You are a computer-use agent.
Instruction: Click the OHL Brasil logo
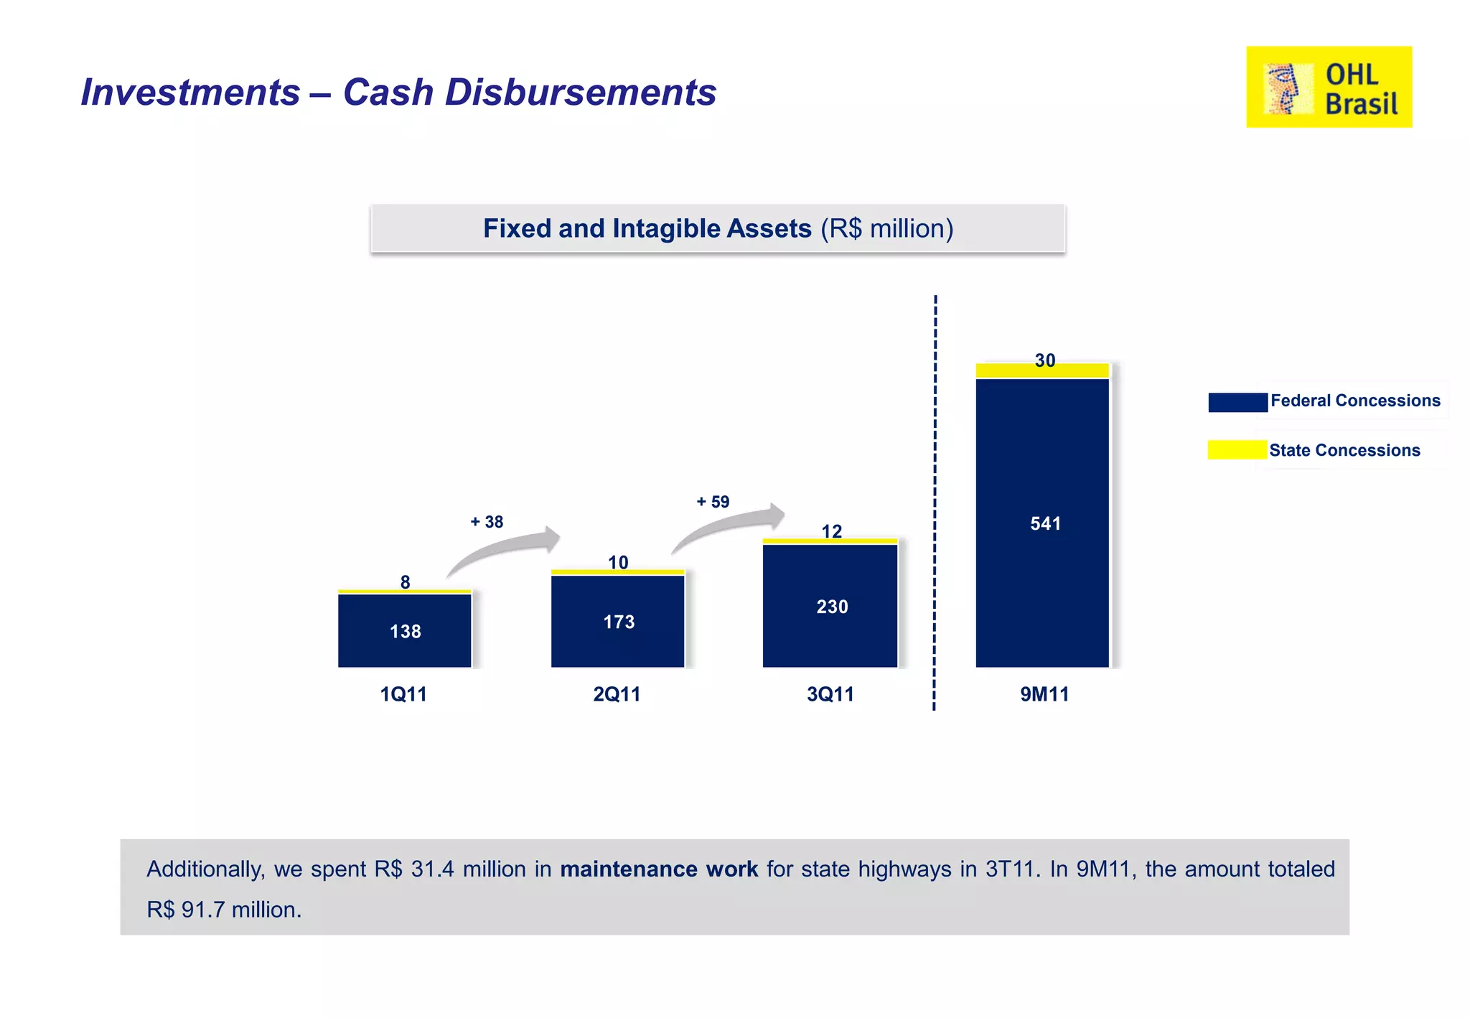point(1329,87)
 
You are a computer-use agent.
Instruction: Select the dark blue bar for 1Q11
point(404,630)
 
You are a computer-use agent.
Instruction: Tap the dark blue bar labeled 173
point(617,621)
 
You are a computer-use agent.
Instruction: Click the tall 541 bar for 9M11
point(1042,523)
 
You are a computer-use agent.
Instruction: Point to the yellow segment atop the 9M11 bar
point(1042,371)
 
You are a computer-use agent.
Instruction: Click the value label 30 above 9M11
point(1045,360)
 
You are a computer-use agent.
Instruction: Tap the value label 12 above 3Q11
point(831,531)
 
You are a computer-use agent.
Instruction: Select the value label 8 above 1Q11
point(405,582)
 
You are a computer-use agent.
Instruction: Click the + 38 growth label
point(487,522)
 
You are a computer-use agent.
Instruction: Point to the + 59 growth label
point(713,502)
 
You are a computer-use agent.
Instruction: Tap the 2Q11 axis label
point(617,694)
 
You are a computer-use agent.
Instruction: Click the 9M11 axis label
point(1044,694)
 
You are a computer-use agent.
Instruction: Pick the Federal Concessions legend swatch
point(1237,402)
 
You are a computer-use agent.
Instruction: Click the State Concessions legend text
point(1344,450)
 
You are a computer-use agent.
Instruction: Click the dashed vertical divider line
point(935,503)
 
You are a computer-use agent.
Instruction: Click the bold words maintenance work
point(658,869)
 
